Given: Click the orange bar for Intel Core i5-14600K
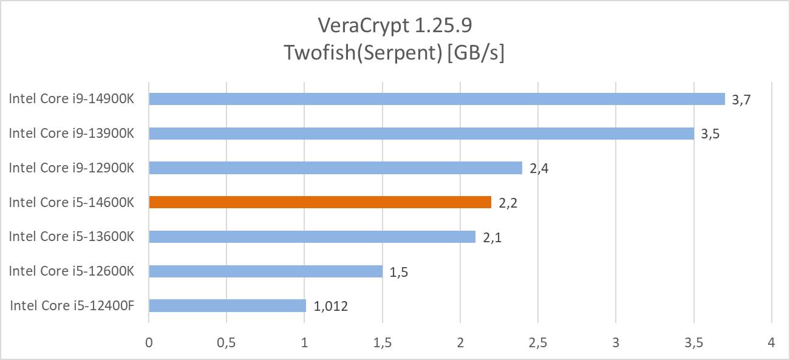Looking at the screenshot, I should (x=320, y=202).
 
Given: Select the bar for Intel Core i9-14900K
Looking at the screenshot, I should (x=437, y=99).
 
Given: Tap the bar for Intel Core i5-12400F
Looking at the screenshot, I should (x=227, y=305).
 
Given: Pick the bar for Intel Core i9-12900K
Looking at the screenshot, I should (x=335, y=168).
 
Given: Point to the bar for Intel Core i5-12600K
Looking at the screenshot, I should (x=265, y=271).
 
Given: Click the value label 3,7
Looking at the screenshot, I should (x=742, y=101).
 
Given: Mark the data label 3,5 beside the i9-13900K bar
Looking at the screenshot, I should (x=710, y=135).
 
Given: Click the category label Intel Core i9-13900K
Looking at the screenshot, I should (x=72, y=134).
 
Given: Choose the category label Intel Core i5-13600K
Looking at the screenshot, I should (x=72, y=237).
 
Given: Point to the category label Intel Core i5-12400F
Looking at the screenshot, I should (x=72, y=305).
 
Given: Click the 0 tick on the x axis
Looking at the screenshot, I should (x=149, y=343).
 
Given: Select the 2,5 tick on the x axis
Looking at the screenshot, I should (x=537, y=343).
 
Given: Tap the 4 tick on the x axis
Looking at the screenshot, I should (x=771, y=343).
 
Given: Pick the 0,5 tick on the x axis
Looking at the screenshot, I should (x=226, y=343).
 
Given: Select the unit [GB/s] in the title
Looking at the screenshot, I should (x=476, y=53).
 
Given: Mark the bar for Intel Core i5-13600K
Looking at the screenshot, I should (x=312, y=237).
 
